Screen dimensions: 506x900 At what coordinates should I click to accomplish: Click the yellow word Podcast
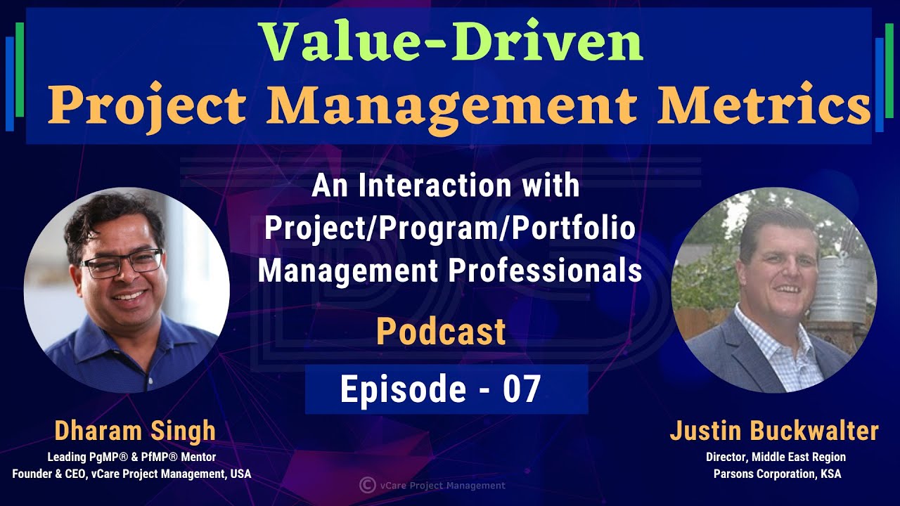(441, 332)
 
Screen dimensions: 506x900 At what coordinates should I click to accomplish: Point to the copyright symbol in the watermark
(366, 485)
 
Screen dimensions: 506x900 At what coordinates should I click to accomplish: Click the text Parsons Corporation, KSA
(776, 474)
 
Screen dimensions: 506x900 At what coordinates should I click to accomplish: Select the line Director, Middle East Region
(776, 457)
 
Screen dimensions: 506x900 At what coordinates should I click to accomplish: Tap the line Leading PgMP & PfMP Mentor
(131, 457)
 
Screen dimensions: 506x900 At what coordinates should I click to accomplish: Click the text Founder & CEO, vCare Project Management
(131, 474)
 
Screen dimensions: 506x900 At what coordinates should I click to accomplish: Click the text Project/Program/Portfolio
(449, 228)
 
